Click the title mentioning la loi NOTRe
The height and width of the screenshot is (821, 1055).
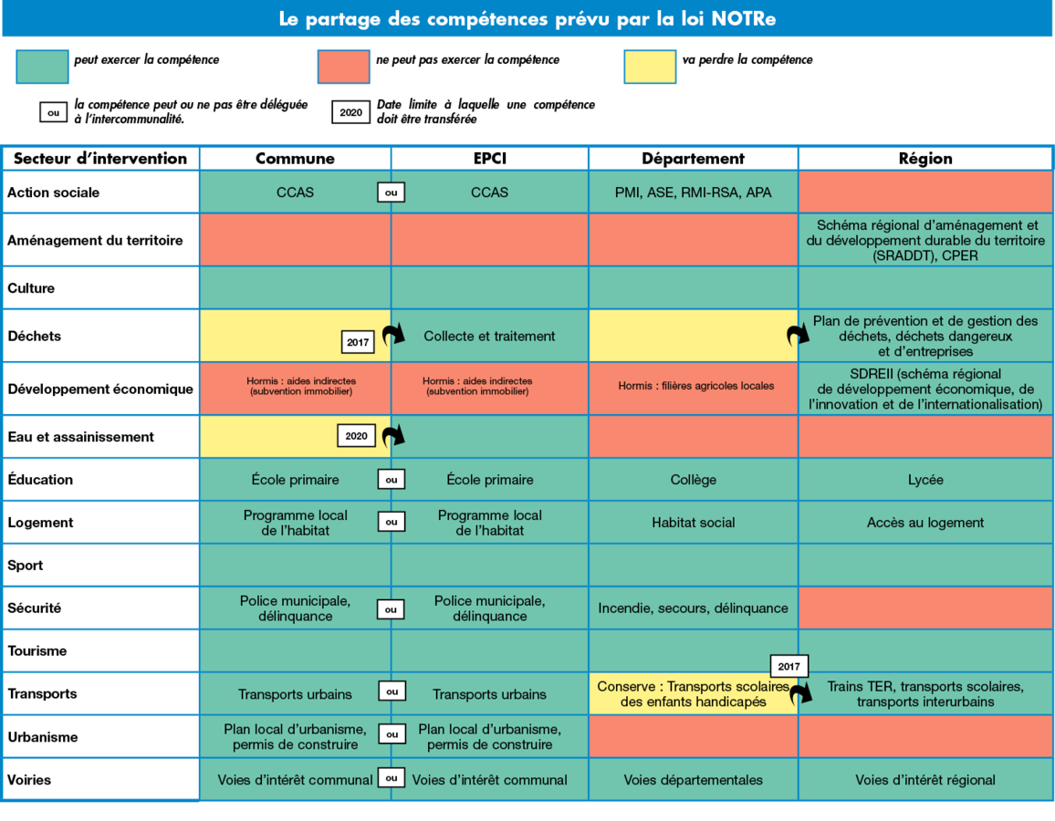tap(527, 19)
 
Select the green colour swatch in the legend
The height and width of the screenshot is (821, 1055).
tap(42, 67)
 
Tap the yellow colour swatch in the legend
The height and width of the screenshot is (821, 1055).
tap(650, 67)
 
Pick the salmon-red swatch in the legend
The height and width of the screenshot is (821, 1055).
tap(344, 67)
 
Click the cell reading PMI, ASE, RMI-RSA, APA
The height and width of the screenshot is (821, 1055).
tap(694, 192)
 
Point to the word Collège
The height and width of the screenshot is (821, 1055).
tap(694, 480)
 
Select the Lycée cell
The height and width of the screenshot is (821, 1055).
tap(925, 480)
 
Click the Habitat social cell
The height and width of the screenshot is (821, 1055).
tap(694, 523)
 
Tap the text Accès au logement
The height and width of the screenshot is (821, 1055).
tap(925, 523)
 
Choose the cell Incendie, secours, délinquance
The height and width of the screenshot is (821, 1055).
tap(694, 608)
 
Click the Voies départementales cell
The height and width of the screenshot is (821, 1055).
tap(694, 780)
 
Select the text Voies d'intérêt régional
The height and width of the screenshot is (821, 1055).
tap(925, 780)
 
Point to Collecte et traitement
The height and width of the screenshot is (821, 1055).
tap(489, 336)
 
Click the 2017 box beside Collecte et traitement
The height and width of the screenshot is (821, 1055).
tap(357, 343)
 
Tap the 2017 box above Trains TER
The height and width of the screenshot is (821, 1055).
tap(789, 667)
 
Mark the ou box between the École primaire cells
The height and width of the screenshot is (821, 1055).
tap(391, 480)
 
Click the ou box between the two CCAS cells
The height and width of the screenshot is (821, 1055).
tap(391, 192)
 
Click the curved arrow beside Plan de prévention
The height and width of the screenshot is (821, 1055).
tap(799, 335)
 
